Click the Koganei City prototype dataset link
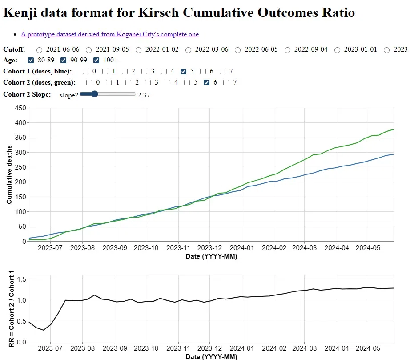point(110,34)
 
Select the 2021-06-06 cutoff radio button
point(39,50)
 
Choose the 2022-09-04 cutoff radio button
point(287,50)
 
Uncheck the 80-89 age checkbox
point(31,61)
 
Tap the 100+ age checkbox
point(96,61)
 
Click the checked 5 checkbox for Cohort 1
point(184,72)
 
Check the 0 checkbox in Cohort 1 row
point(85,72)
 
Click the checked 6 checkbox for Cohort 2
point(207,83)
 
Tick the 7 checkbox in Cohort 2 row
point(226,83)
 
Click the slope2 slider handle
point(95,94)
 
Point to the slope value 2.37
point(144,95)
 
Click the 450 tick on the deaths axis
point(20,108)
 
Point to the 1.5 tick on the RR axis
point(21,279)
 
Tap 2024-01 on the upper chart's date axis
point(242,248)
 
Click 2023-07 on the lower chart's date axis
point(50,348)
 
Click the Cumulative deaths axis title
point(9,174)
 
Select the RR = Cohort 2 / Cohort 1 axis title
point(12,309)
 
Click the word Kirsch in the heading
point(158,12)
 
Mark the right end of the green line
point(394,129)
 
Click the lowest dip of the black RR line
point(44,330)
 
